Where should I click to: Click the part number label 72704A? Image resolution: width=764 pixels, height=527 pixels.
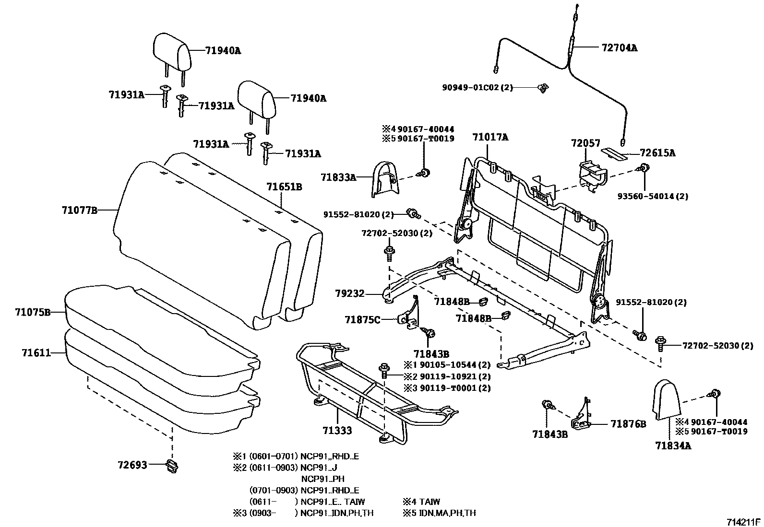tap(619, 48)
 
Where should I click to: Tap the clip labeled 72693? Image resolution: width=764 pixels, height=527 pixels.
tap(171, 465)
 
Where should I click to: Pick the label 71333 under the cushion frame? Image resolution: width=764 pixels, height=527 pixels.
tap(337, 430)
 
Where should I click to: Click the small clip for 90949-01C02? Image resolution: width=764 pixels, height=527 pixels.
tap(543, 88)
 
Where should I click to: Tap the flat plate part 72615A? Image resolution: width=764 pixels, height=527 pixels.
tap(614, 153)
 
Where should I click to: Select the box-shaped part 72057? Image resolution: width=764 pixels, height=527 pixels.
tap(591, 175)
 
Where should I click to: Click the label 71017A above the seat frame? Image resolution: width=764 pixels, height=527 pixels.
tap(490, 137)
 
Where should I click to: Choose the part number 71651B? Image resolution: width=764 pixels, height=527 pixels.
tap(285, 187)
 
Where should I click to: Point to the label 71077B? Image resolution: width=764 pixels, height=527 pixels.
tap(80, 210)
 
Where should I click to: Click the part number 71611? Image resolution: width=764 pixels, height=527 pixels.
tap(36, 353)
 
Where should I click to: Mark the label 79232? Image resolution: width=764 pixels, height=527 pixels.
tap(350, 293)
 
